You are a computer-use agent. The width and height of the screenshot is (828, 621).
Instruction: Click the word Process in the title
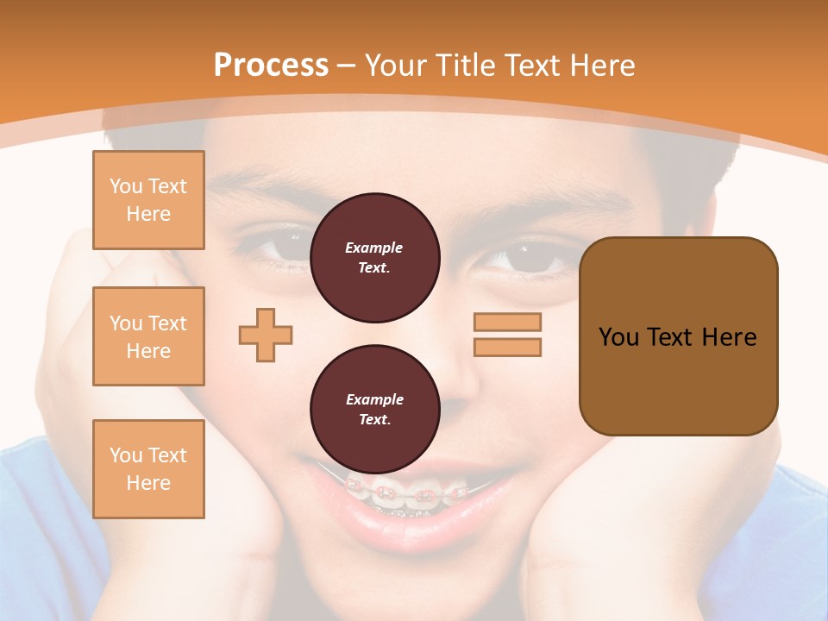pyautogui.click(x=271, y=66)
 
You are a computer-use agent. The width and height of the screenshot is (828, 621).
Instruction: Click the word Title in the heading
pyautogui.click(x=465, y=66)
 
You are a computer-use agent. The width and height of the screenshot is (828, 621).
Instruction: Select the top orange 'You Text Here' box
pyautogui.click(x=148, y=200)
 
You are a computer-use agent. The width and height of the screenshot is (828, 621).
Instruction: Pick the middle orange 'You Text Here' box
pyautogui.click(x=148, y=336)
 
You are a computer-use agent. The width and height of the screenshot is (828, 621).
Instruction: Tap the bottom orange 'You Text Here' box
pyautogui.click(x=148, y=469)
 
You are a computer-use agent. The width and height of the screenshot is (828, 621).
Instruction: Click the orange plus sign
pyautogui.click(x=266, y=335)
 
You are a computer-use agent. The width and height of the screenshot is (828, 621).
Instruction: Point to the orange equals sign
pyautogui.click(x=507, y=335)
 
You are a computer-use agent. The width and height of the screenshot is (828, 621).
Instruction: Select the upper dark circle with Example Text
pyautogui.click(x=374, y=258)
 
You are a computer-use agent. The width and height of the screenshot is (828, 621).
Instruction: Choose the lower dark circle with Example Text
pyautogui.click(x=374, y=410)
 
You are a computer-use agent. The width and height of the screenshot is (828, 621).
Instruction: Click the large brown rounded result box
pyautogui.click(x=678, y=336)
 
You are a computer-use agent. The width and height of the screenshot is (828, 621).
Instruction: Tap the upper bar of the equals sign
pyautogui.click(x=507, y=323)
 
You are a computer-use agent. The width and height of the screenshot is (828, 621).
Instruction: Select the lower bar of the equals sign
pyautogui.click(x=507, y=347)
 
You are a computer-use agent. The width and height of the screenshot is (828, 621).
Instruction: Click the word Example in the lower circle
pyautogui.click(x=374, y=399)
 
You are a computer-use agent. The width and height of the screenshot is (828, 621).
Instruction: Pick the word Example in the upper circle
pyautogui.click(x=374, y=248)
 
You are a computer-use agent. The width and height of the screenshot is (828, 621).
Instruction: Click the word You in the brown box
pyautogui.click(x=618, y=337)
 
